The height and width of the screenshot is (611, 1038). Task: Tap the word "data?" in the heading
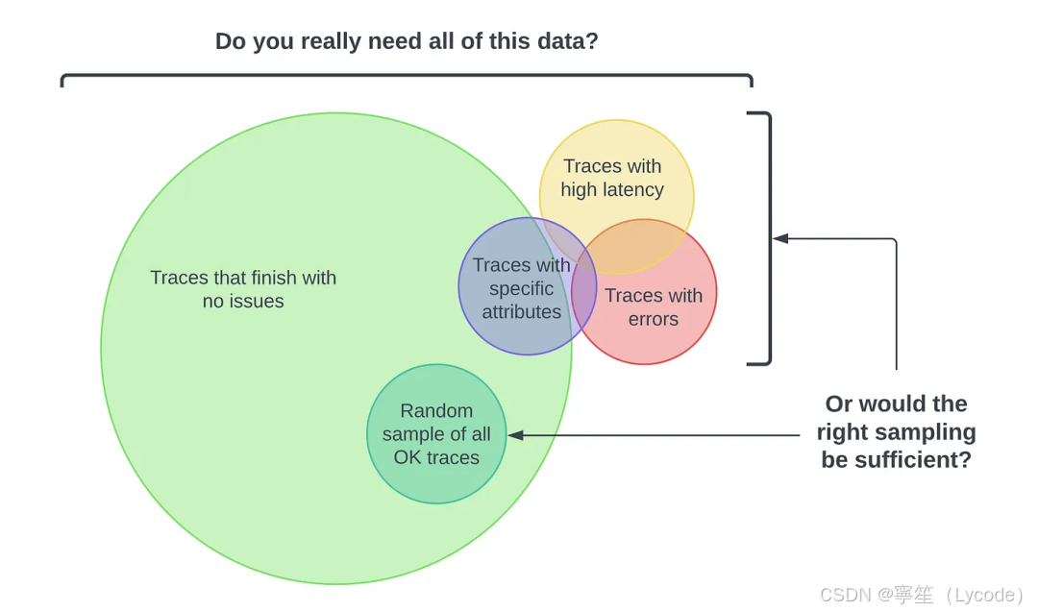pyautogui.click(x=567, y=41)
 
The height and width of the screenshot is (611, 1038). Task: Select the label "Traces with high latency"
pyautogui.click(x=612, y=178)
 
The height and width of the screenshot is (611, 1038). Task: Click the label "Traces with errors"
pyautogui.click(x=654, y=307)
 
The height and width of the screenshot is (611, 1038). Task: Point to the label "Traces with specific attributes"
pyautogui.click(x=521, y=288)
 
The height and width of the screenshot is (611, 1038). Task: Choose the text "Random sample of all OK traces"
pyautogui.click(x=436, y=434)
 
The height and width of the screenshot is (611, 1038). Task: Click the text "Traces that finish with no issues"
pyautogui.click(x=243, y=289)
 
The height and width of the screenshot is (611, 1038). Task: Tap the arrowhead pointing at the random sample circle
pyautogui.click(x=515, y=435)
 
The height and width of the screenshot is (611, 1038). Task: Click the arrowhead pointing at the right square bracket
pyautogui.click(x=780, y=238)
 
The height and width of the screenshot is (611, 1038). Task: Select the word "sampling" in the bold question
pyautogui.click(x=929, y=431)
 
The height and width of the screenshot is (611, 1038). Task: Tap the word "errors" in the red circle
pyautogui.click(x=654, y=319)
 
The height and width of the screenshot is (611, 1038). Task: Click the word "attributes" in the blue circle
pyautogui.click(x=521, y=311)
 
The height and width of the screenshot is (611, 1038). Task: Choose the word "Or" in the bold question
pyautogui.click(x=839, y=403)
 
